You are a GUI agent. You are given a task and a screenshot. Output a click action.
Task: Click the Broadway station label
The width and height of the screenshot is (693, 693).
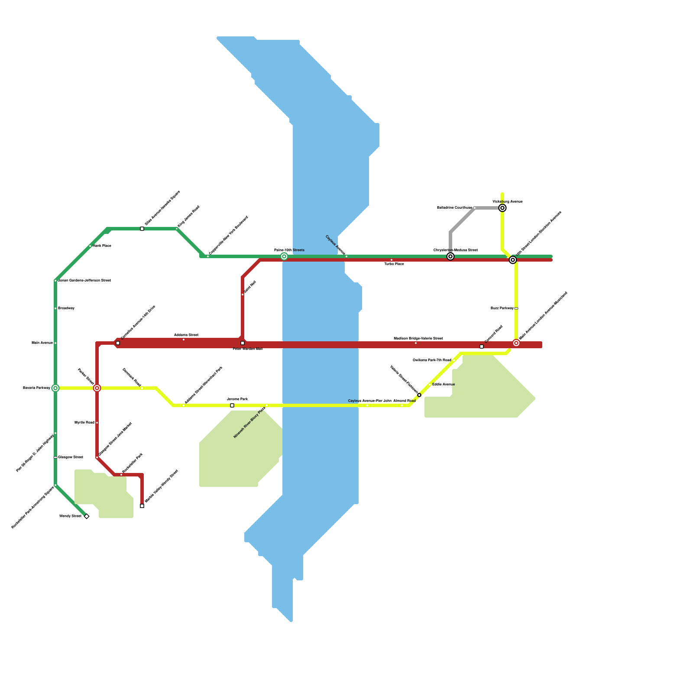(66, 308)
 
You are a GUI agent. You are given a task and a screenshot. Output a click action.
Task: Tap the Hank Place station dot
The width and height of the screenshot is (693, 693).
(90, 246)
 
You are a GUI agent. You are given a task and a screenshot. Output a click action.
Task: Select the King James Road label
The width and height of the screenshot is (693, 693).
(189, 216)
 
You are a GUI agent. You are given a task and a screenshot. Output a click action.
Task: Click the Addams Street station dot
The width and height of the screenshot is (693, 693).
(184, 340)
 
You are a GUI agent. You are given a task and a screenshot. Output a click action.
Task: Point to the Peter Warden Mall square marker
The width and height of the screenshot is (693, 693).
(243, 343)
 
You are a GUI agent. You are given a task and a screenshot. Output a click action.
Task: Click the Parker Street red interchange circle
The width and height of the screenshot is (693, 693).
(97, 388)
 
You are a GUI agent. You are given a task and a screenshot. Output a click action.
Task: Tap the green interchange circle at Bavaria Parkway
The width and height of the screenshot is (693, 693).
(55, 388)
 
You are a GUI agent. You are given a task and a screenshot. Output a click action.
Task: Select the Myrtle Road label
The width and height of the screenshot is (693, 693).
(84, 423)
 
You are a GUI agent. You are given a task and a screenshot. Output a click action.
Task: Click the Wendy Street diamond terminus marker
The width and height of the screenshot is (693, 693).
(87, 516)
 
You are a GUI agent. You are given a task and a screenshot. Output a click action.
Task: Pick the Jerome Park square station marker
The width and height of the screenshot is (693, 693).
(232, 405)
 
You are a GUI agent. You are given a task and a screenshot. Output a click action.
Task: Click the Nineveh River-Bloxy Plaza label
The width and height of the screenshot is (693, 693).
(249, 422)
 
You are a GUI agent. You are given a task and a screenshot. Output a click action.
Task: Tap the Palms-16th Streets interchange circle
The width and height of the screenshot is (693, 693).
(284, 256)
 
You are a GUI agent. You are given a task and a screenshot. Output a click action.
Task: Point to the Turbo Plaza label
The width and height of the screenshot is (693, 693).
(394, 264)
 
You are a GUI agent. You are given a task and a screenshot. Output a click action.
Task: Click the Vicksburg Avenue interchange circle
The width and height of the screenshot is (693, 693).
(502, 208)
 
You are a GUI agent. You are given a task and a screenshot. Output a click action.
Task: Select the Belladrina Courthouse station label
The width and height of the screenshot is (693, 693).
(454, 208)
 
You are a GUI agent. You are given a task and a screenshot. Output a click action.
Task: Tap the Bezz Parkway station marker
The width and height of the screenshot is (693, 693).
(516, 308)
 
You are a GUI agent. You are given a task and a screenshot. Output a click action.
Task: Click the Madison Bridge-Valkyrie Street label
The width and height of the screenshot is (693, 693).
(418, 338)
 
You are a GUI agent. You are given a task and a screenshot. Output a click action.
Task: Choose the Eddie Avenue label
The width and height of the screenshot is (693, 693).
(444, 385)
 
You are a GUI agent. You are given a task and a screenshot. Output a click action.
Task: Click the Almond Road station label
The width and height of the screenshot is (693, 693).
(404, 401)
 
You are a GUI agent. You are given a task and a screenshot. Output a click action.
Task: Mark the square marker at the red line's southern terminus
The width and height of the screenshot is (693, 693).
(142, 506)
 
